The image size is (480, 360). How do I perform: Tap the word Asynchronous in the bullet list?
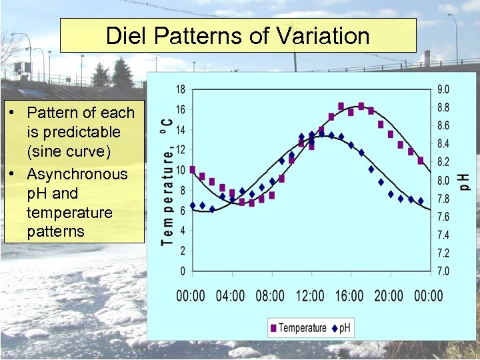click(x=77, y=174)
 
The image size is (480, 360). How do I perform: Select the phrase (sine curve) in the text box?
click(x=69, y=151)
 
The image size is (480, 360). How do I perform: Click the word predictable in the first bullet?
click(x=73, y=132)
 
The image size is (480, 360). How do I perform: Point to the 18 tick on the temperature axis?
click(x=180, y=89)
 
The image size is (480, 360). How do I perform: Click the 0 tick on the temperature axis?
click(x=183, y=271)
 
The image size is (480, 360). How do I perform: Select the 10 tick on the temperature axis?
click(x=180, y=170)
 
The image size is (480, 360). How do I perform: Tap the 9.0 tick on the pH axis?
click(x=442, y=89)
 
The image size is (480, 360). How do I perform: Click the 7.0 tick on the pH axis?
click(x=442, y=271)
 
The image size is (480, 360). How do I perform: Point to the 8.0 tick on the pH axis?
click(x=442, y=181)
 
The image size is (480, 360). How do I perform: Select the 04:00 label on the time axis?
click(x=230, y=295)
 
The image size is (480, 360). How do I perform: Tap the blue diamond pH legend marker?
click(x=335, y=327)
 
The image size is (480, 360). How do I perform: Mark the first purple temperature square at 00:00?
click(x=193, y=170)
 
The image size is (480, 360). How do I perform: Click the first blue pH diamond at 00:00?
click(x=193, y=205)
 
